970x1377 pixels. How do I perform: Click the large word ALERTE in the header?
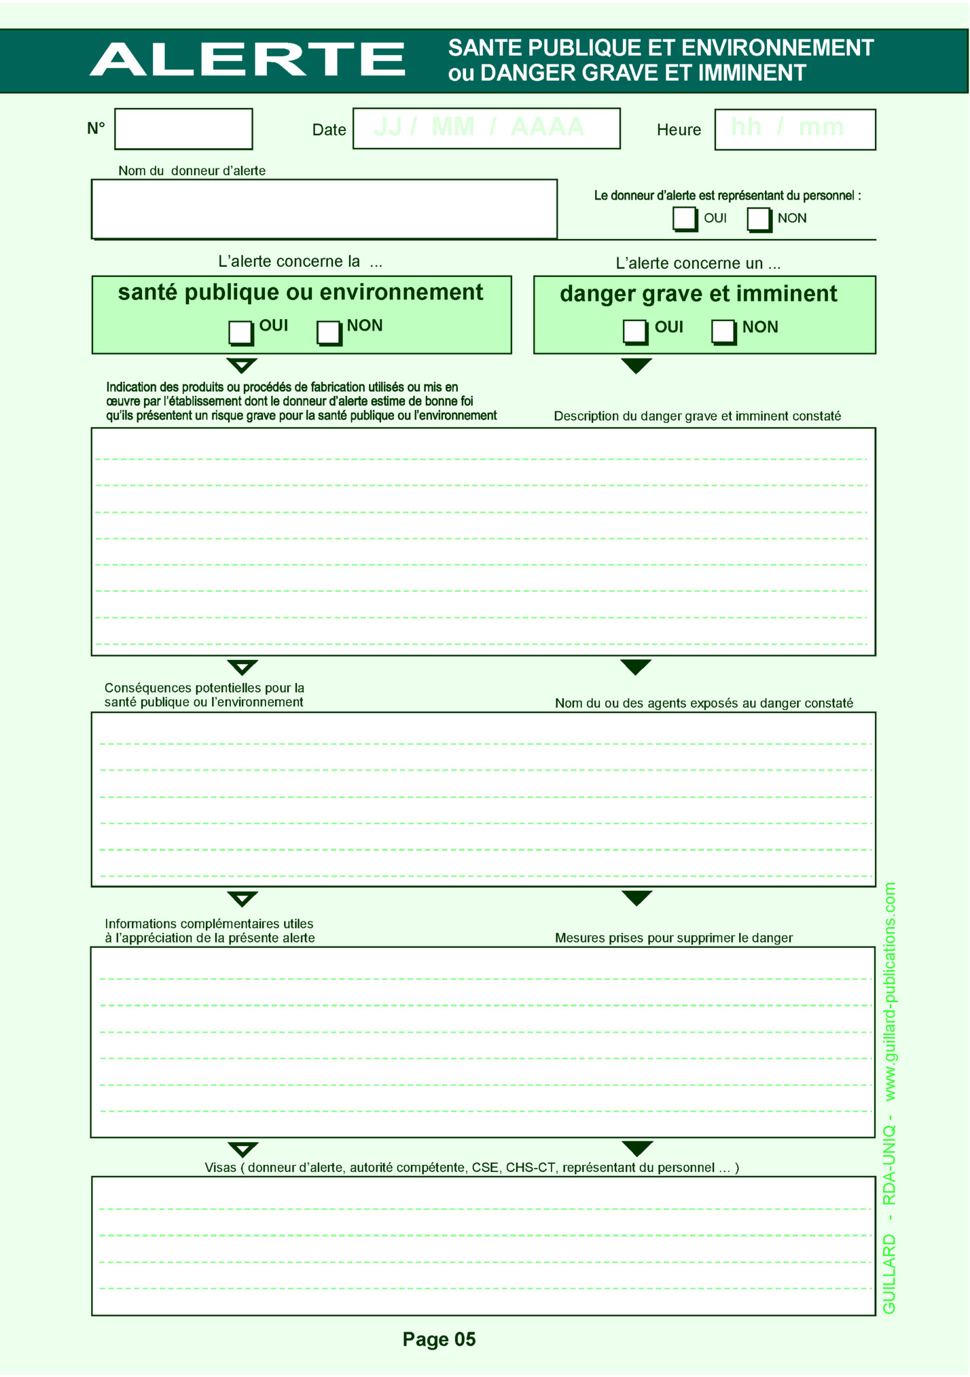247,59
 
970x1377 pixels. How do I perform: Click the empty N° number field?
183,129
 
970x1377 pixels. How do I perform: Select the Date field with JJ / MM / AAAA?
486,128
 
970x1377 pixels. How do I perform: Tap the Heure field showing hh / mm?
795,129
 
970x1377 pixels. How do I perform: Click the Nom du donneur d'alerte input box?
324,209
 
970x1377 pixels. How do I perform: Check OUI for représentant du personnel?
684,219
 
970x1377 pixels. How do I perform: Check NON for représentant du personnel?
759,219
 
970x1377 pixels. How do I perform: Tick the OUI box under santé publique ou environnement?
240,332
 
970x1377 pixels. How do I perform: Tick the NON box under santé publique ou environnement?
328,332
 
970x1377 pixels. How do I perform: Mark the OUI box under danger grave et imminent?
634,331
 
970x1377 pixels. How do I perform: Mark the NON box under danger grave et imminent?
723,331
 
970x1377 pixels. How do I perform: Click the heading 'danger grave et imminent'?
698,294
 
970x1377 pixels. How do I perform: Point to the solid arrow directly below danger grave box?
636,365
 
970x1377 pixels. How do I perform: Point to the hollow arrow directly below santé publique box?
242,365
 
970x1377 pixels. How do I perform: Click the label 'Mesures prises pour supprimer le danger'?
673,938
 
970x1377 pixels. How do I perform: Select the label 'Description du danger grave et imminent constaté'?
697,416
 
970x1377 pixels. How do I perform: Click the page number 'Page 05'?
439,1339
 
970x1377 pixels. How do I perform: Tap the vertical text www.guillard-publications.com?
890,992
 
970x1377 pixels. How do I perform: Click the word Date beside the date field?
329,130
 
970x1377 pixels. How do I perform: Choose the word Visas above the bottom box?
220,1168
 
